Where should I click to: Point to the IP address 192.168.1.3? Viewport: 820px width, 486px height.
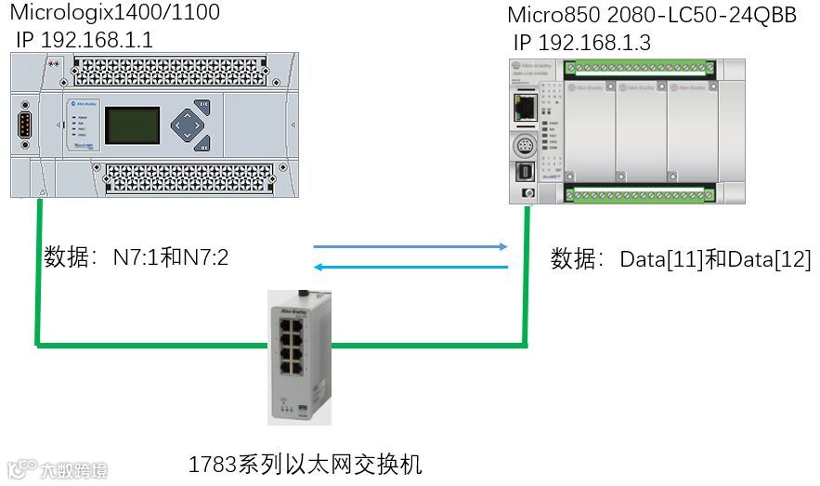click(x=583, y=42)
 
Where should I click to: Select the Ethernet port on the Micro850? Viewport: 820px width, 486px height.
click(x=525, y=107)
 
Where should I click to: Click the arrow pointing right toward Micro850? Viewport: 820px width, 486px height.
click(x=410, y=247)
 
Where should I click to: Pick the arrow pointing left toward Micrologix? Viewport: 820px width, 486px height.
click(x=410, y=268)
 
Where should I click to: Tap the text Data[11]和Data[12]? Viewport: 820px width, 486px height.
click(x=681, y=259)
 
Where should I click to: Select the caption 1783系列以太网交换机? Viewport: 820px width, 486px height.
click(x=306, y=464)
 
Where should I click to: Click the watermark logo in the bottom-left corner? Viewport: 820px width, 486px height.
click(x=56, y=470)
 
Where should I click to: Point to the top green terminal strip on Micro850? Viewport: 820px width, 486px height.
click(x=640, y=67)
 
